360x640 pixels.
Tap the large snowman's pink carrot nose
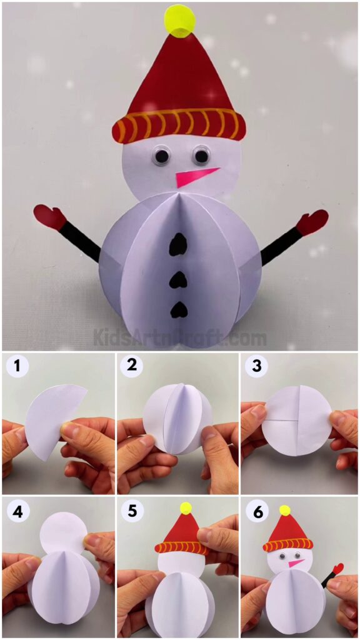click(194, 177)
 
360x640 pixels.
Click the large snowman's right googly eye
click(201, 154)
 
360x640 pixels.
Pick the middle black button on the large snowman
click(179, 279)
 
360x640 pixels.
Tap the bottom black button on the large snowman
click(179, 308)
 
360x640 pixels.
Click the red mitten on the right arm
click(312, 222)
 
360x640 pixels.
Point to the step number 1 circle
click(17, 366)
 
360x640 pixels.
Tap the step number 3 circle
click(256, 366)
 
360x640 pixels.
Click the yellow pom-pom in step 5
click(186, 508)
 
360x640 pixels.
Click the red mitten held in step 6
click(337, 569)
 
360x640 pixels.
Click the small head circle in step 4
click(62, 532)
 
